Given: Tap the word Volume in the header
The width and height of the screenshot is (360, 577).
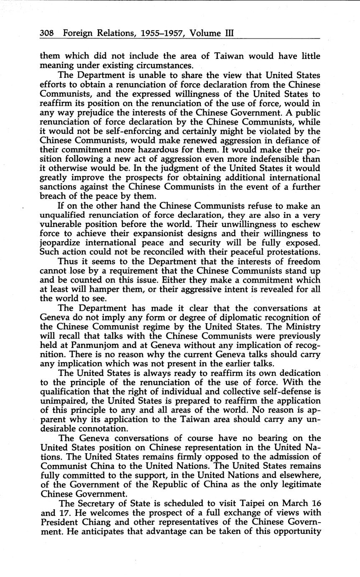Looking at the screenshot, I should pos(207,33).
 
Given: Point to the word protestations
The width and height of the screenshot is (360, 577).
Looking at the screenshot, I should pos(289,252).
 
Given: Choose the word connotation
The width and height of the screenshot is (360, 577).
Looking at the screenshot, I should pos(92,429).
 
